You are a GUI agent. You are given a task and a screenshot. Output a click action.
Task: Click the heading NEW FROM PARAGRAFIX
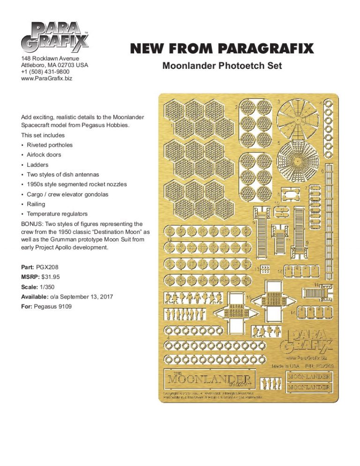tap(221, 49)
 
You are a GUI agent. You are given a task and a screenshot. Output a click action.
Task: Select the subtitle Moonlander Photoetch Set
tap(222, 66)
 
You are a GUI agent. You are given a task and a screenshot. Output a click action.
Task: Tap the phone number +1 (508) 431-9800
tap(45, 72)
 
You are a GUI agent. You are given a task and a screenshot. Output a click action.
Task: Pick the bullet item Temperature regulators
tap(57, 214)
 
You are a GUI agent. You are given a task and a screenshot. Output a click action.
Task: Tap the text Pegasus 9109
tap(52, 307)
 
